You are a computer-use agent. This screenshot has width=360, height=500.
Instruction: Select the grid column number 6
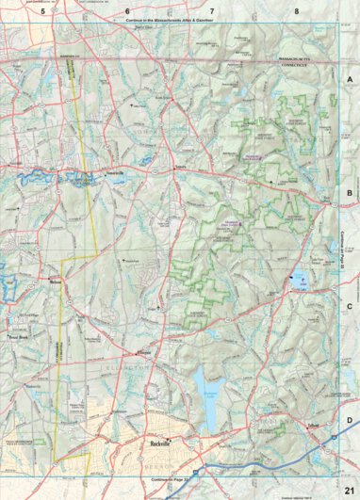coord(126,10)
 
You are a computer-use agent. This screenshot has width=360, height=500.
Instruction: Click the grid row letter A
coord(349,81)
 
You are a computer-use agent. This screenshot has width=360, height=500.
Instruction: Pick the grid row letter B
coord(349,193)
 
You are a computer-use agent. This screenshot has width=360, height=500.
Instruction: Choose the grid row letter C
coord(349,306)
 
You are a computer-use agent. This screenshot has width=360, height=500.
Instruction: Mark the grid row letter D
coord(349,420)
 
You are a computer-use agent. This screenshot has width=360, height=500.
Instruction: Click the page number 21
coord(348,478)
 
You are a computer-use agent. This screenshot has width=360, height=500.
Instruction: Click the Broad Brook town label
coord(19,335)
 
